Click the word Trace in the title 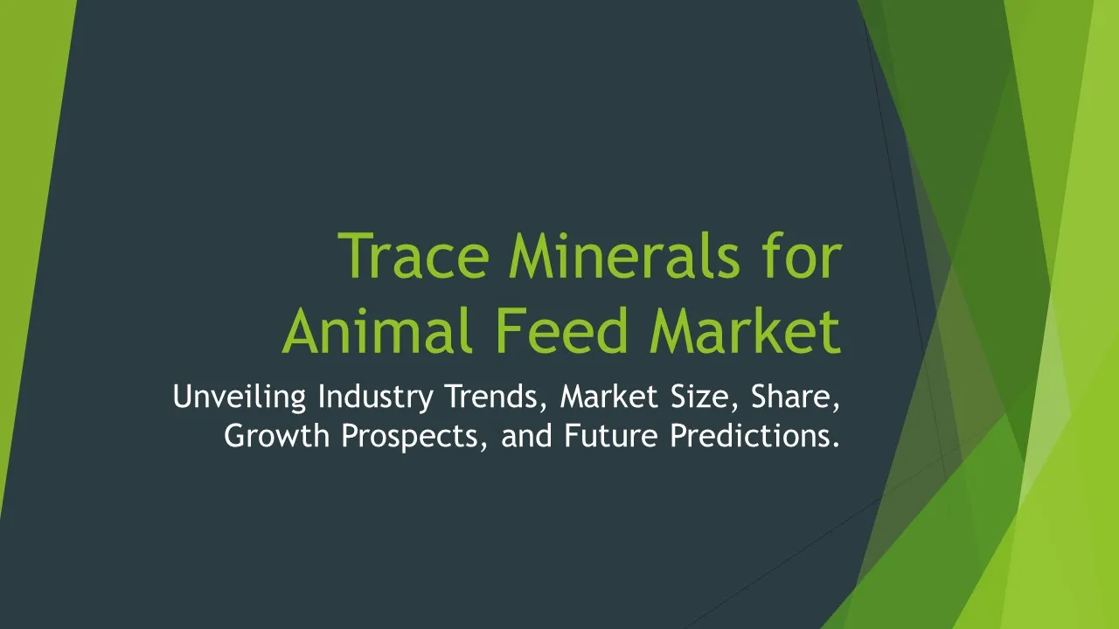click(x=414, y=256)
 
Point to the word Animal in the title click(x=377, y=330)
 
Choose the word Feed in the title click(x=561, y=330)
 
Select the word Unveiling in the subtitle click(x=240, y=397)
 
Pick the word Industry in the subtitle click(x=376, y=397)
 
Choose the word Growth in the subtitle click(x=276, y=435)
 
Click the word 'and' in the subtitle click(x=526, y=435)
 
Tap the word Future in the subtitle click(x=611, y=435)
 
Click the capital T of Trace click(x=356, y=256)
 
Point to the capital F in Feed click(x=510, y=330)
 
